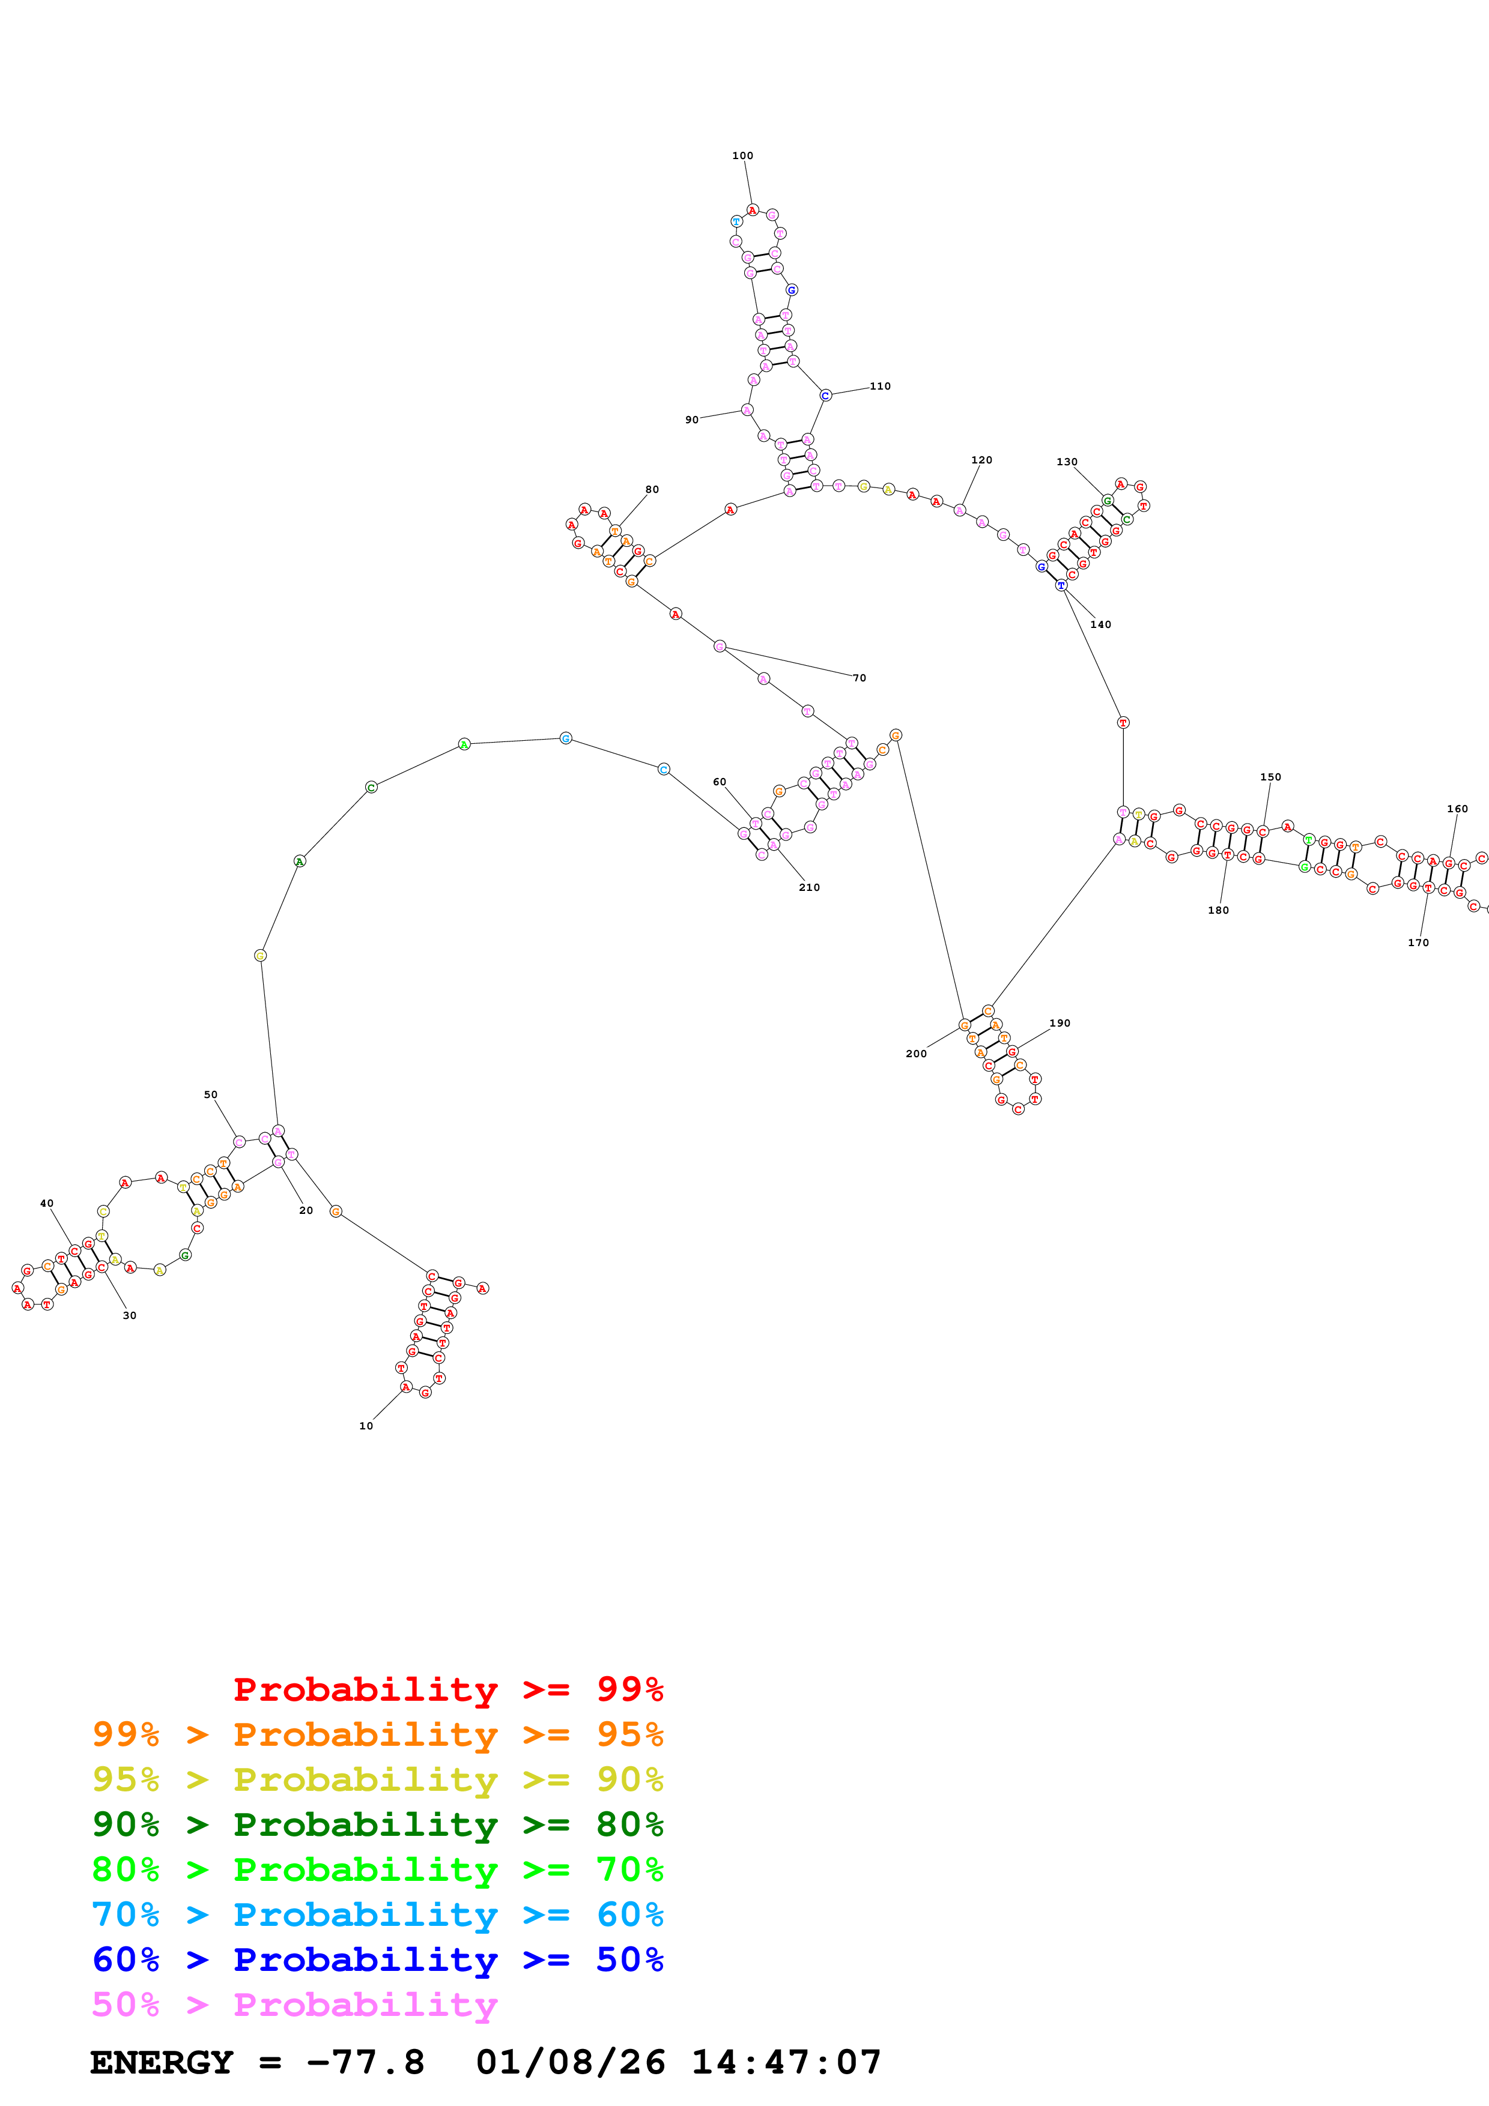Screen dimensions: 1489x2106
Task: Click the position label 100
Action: (742, 156)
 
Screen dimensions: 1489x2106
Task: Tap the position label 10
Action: (366, 1425)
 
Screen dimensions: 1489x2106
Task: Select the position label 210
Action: (809, 887)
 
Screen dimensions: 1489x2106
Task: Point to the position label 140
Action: (1100, 624)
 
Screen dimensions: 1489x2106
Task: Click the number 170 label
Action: (1418, 942)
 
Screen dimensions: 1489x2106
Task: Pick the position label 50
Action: (210, 1094)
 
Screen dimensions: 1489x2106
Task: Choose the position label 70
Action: (860, 678)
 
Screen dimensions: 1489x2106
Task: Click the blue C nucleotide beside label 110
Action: (825, 396)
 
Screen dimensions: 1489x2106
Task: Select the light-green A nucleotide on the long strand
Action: (464, 744)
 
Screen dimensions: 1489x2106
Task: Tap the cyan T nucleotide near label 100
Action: (736, 221)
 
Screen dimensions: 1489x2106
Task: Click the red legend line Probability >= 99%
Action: (447, 1689)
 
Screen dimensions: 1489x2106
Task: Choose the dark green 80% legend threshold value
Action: (629, 1824)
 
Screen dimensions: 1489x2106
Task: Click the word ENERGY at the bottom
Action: (162, 2062)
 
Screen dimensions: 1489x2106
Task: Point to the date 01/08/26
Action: (571, 2062)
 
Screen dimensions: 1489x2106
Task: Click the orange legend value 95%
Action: (629, 1734)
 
